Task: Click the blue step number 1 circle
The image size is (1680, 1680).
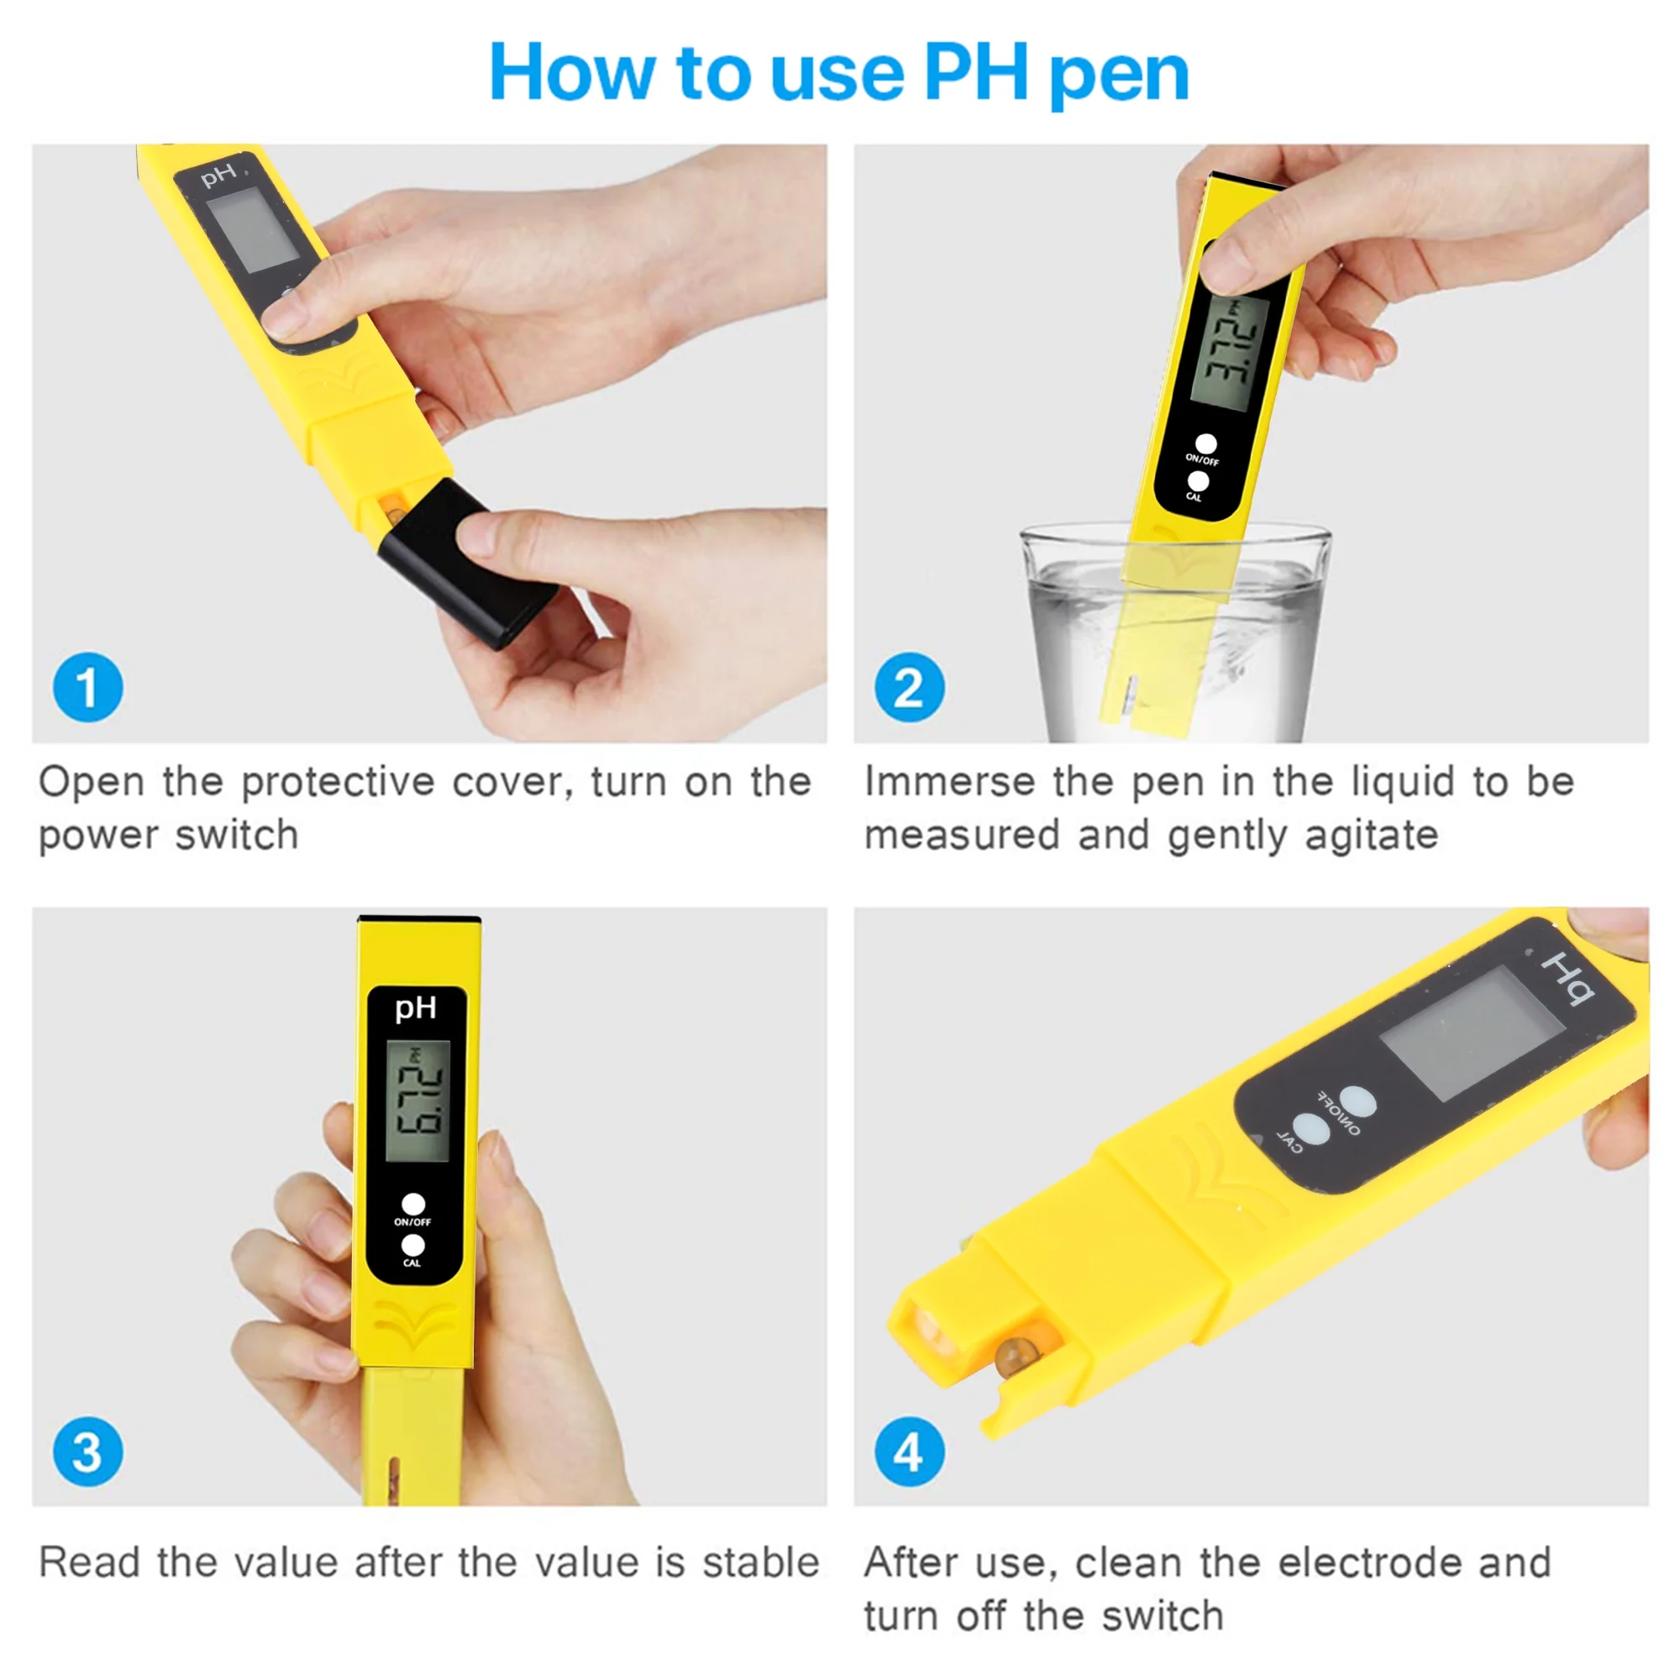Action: (88, 687)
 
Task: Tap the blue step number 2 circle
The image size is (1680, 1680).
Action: (910, 687)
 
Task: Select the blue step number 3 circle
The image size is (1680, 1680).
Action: (88, 1452)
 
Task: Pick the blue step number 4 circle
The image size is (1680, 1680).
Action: (910, 1452)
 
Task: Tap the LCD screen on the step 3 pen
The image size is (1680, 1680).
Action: (417, 1101)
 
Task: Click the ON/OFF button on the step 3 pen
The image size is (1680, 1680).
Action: (413, 1204)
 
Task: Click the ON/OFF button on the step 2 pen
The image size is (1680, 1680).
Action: (1206, 444)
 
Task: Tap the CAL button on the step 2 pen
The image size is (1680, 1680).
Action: (1199, 480)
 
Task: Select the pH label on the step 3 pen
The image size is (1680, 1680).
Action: (416, 1009)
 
